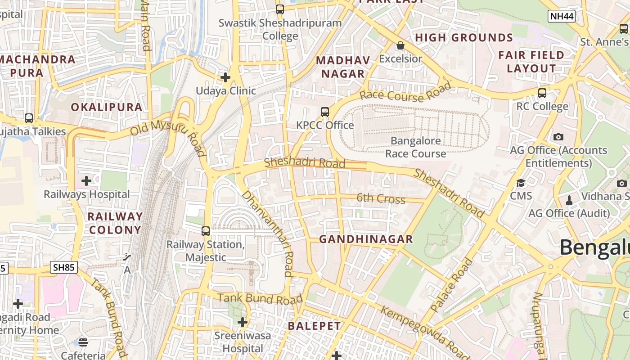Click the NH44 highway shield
562,17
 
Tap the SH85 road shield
63,267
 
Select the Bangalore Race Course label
415,147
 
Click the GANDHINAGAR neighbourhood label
366,239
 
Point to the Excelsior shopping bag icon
400,45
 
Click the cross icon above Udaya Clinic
225,77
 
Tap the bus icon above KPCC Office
325,112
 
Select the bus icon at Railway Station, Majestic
206,231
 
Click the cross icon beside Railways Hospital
86,181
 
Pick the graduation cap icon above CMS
521,183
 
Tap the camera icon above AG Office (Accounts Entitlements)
558,137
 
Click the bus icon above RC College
542,93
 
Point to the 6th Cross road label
381,198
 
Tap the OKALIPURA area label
107,107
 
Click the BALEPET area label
314,326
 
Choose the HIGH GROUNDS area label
464,38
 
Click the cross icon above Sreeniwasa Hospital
243,322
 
